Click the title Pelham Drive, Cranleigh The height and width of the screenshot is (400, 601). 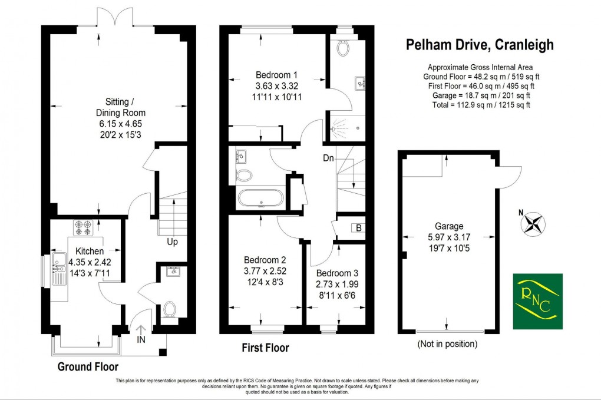(x=480, y=45)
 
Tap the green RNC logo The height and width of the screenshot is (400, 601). (x=537, y=301)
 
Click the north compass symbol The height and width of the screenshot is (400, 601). (x=533, y=223)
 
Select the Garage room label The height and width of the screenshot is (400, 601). (x=450, y=226)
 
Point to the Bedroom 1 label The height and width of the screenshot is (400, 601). (x=276, y=75)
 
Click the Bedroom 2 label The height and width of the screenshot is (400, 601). (x=265, y=260)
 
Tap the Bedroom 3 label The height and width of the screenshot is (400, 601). (x=336, y=273)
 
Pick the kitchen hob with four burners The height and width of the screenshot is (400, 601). (x=82, y=226)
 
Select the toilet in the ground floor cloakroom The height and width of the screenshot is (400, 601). (x=170, y=309)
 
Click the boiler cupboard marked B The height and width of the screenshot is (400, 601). (x=357, y=228)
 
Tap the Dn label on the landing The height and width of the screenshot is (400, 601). (x=329, y=158)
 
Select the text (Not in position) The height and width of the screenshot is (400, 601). (x=447, y=343)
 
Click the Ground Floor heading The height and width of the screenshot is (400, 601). (x=83, y=366)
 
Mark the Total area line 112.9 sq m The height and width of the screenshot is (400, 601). (x=478, y=105)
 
